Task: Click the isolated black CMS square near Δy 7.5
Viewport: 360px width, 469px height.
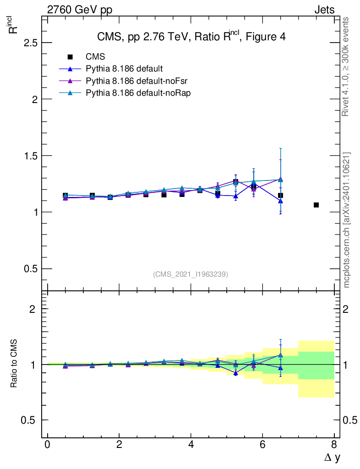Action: (x=316, y=205)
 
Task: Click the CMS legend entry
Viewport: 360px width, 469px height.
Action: (x=95, y=57)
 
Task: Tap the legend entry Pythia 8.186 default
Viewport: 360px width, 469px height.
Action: (x=124, y=69)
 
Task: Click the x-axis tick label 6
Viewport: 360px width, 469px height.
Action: (x=262, y=445)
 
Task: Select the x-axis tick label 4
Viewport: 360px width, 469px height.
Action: (x=191, y=445)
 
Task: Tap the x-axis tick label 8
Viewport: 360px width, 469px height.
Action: (x=334, y=445)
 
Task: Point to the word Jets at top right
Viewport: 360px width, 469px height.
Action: (x=324, y=10)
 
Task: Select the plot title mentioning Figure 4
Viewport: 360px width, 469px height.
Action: (x=191, y=37)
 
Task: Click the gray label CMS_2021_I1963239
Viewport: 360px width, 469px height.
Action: (x=191, y=274)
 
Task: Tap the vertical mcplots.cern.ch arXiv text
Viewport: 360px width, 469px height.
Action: (x=347, y=220)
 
